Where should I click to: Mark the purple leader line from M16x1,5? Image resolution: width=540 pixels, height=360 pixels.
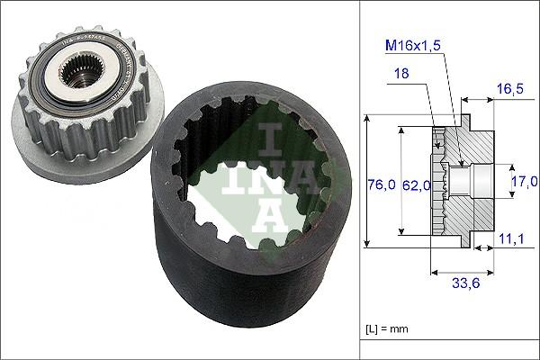point(445,108)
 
